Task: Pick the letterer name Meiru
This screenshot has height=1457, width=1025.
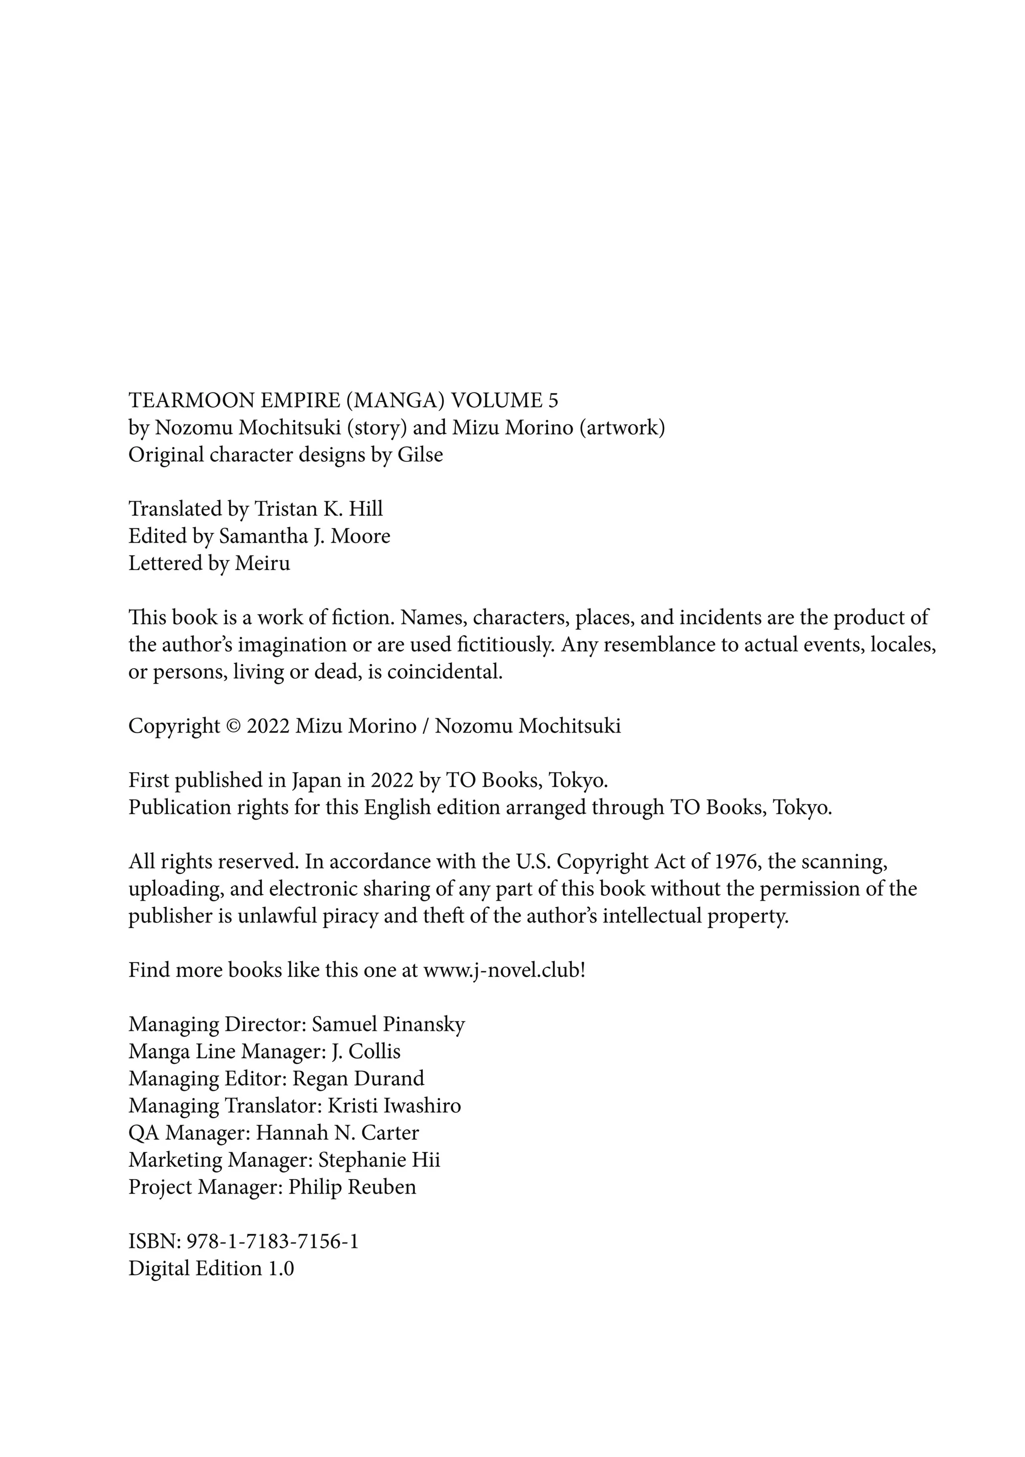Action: pyautogui.click(x=262, y=564)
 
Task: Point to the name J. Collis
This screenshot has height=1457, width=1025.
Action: pyautogui.click(x=366, y=1052)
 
